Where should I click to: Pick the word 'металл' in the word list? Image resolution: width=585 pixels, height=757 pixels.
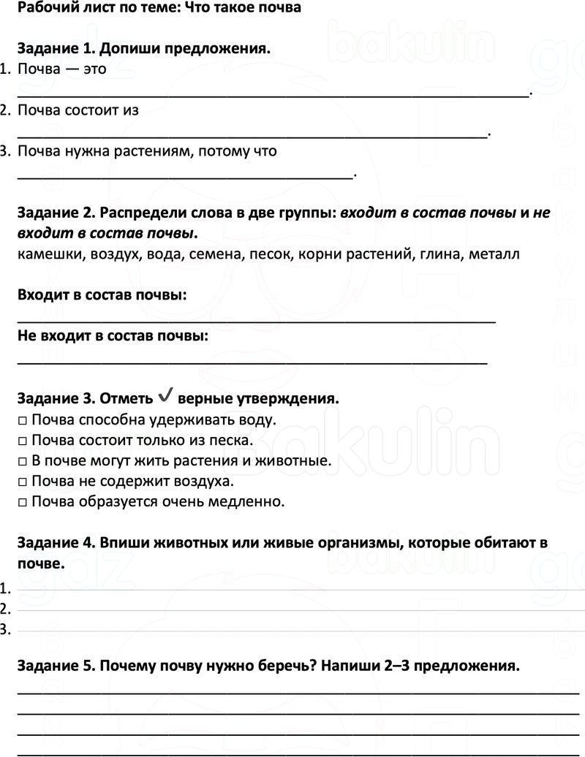[496, 255]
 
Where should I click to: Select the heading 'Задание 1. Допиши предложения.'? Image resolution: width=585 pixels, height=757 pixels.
[143, 50]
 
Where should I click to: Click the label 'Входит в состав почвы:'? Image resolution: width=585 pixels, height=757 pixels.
[101, 295]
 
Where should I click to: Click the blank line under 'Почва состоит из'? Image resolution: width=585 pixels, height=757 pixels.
[252, 134]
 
